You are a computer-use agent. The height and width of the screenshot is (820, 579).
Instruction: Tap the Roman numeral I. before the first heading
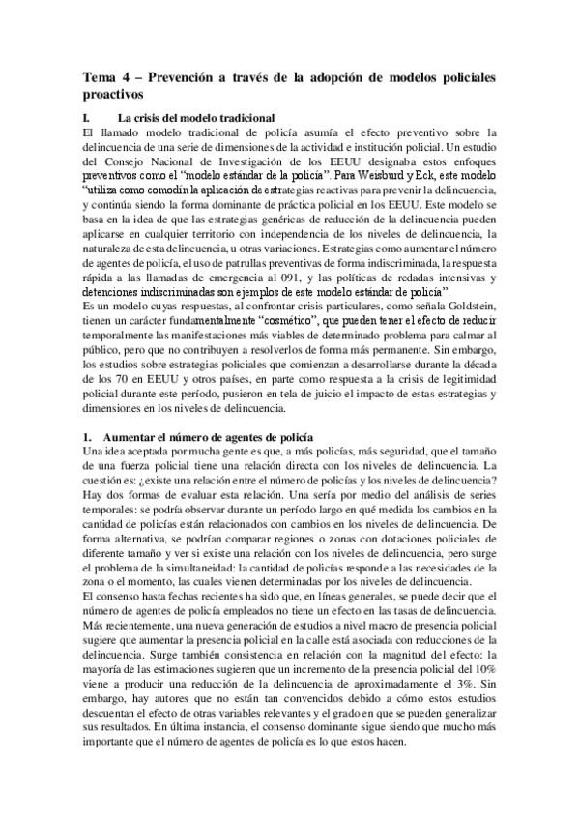(87, 117)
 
